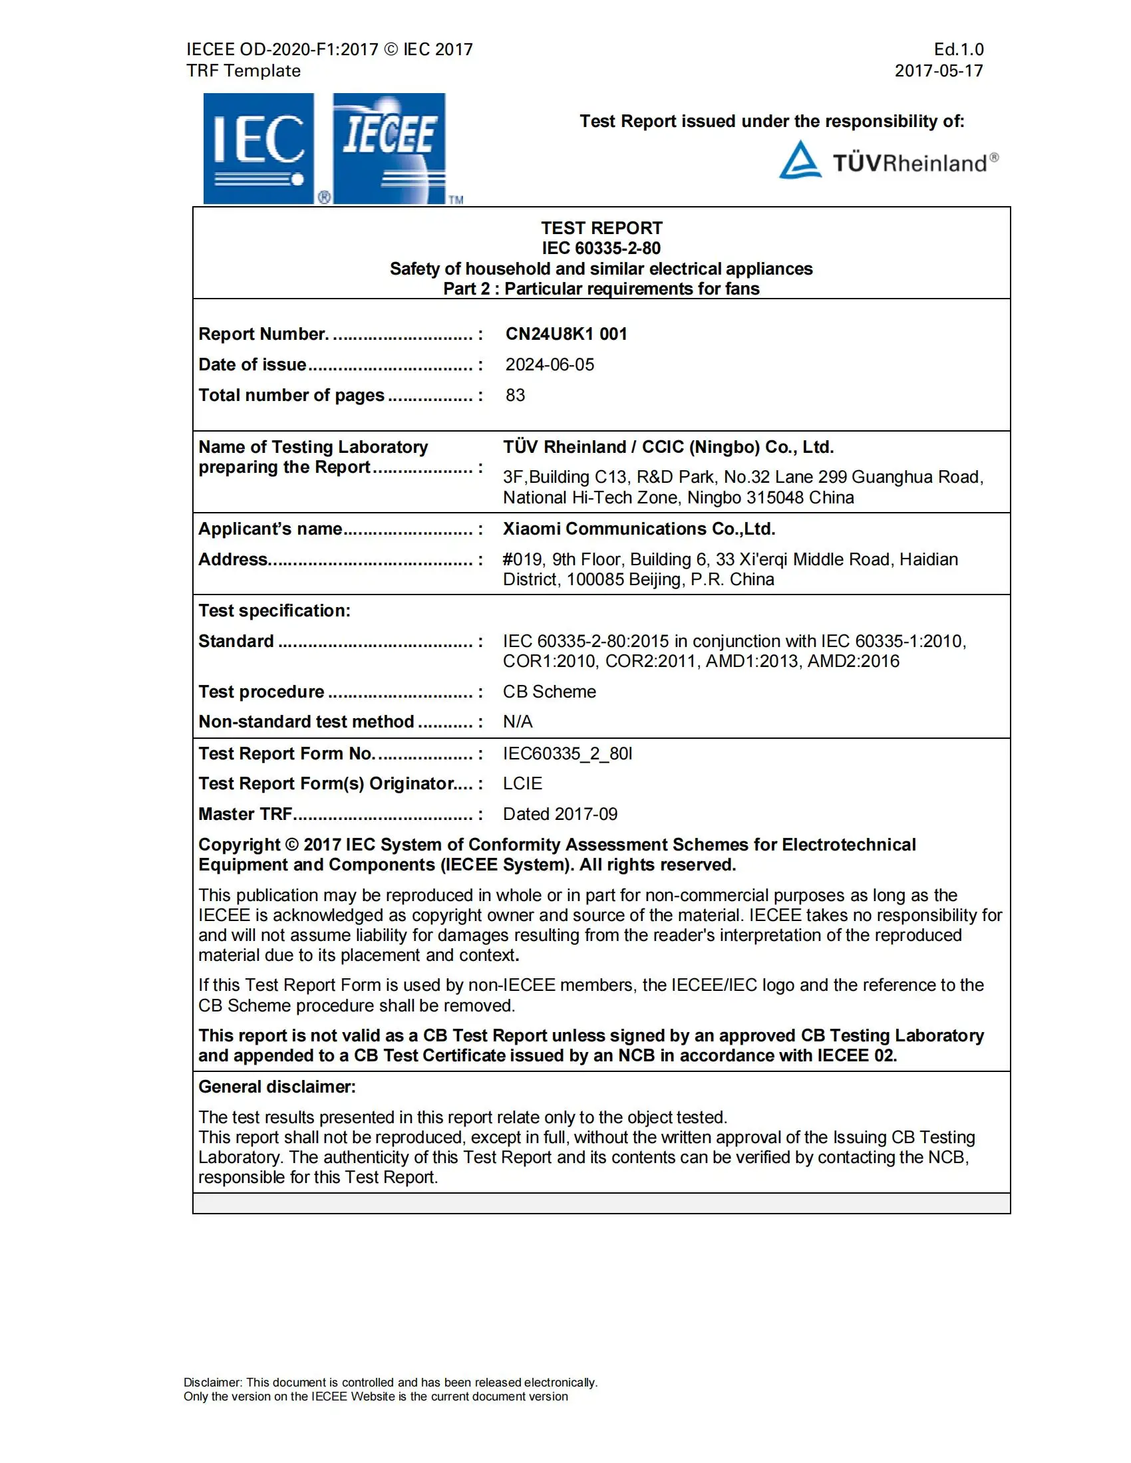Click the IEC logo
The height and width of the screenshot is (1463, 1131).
click(x=259, y=148)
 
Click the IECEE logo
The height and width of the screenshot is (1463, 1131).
click(x=389, y=148)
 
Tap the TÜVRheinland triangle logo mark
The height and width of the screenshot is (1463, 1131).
click(x=799, y=160)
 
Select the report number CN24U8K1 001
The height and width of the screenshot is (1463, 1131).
click(x=565, y=334)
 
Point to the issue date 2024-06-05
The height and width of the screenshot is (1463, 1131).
click(x=550, y=364)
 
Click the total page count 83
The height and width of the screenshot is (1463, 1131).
click(x=514, y=395)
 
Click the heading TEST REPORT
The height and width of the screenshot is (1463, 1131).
click(x=601, y=227)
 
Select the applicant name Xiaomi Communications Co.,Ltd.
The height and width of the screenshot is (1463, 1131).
click(x=639, y=529)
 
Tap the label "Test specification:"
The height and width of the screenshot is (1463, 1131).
click(x=274, y=610)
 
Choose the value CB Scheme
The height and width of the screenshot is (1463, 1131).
click(x=549, y=692)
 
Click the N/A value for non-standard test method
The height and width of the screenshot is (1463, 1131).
click(x=517, y=722)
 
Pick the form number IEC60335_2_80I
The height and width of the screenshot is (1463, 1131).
click(x=567, y=753)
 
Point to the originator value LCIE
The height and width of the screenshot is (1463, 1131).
click(x=522, y=783)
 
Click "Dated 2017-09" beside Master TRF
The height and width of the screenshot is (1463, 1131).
click(x=560, y=814)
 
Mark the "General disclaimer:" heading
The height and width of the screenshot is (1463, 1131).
click(x=277, y=1087)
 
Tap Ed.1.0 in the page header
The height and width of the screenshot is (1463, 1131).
click(x=958, y=49)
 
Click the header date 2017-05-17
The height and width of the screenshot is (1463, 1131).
click(x=938, y=70)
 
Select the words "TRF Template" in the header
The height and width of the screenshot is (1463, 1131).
click(x=243, y=70)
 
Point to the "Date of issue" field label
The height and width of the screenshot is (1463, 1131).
click(x=252, y=364)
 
